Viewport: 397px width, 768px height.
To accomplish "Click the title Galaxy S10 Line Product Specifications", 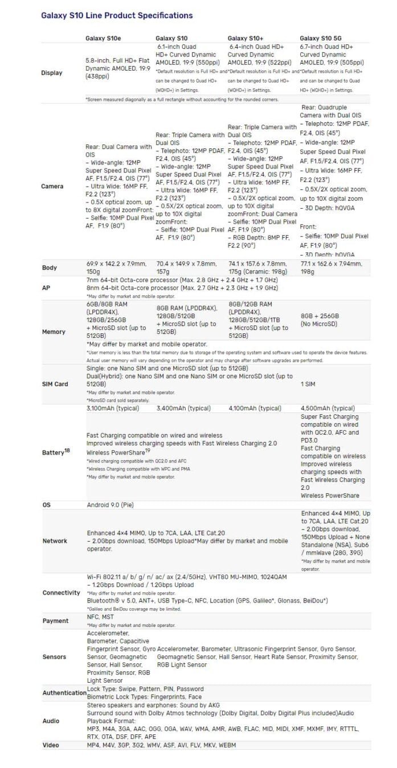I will coord(117,15).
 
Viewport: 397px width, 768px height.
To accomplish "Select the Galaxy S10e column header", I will coord(103,38).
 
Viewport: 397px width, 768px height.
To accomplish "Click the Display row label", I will coord(52,73).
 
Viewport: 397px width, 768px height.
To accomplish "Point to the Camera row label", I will coord(52,186).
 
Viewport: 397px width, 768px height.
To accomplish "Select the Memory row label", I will coord(54,332).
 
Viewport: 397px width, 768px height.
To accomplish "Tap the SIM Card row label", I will coord(55,384).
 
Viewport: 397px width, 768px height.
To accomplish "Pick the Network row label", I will coord(55,540).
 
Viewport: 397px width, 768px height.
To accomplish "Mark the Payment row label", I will coord(55,621).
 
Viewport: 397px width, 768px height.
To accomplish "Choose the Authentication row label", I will coord(64,692).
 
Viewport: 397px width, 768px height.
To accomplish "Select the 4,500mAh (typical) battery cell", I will coord(328,408).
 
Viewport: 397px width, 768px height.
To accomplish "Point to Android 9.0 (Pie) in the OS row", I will coord(110,505).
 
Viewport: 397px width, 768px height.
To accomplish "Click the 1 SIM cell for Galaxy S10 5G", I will coord(309,384).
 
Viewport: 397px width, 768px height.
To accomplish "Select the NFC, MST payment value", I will coord(100,617).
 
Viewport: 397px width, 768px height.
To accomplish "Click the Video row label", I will coord(51,745).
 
